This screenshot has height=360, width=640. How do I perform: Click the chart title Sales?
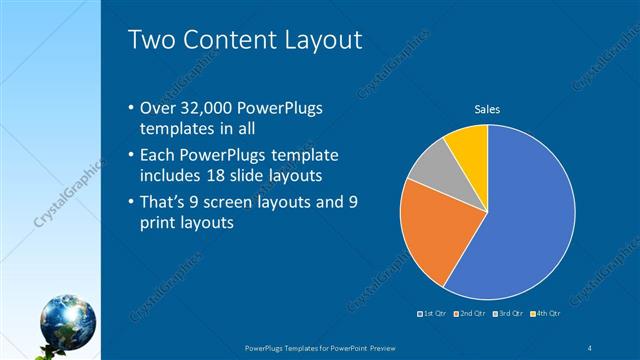pyautogui.click(x=487, y=109)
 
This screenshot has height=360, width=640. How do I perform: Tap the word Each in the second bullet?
pyautogui.click(x=163, y=156)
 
